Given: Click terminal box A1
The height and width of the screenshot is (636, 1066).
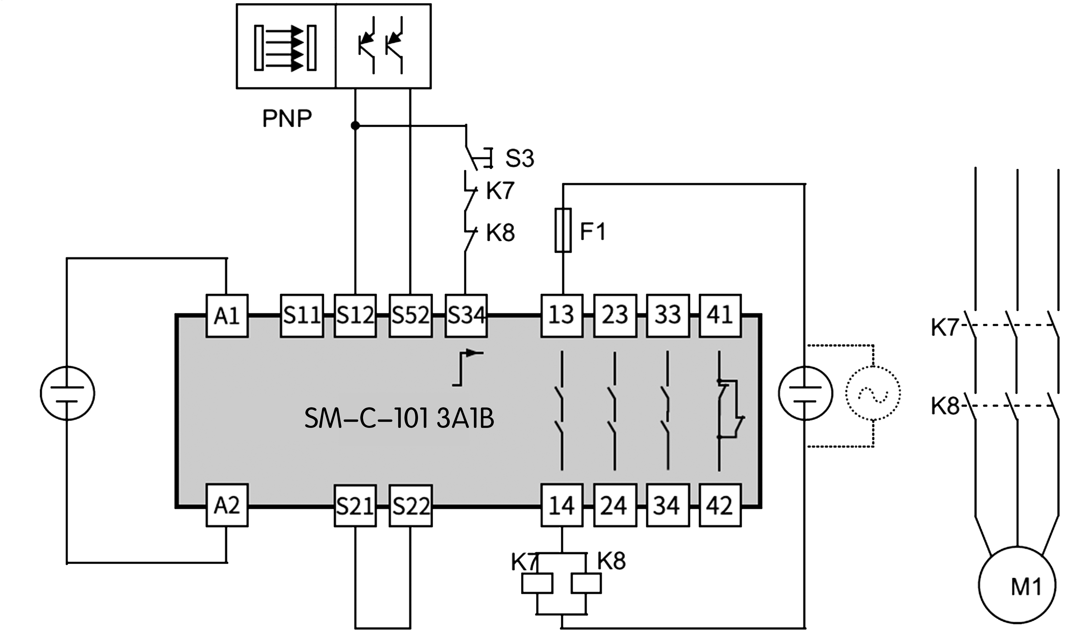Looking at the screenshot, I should (x=227, y=316).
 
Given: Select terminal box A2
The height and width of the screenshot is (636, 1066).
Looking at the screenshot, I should (x=227, y=505).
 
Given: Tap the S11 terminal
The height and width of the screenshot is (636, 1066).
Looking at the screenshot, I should (x=302, y=316).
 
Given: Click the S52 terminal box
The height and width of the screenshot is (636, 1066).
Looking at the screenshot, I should (x=410, y=316).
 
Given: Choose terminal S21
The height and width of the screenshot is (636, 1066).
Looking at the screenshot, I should (x=355, y=505).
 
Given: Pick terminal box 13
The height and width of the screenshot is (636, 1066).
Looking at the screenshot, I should (x=562, y=316).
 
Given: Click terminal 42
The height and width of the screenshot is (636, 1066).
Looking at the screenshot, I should (x=720, y=505).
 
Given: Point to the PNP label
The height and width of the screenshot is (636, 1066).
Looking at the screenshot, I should (x=287, y=118).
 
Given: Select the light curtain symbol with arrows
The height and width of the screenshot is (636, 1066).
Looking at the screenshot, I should (x=285, y=48).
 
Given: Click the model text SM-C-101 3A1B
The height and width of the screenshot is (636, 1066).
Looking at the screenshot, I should (x=399, y=419).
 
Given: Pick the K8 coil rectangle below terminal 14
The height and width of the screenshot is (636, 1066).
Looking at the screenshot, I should (x=586, y=583).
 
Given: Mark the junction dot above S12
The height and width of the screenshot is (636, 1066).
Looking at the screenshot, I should (x=355, y=125).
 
